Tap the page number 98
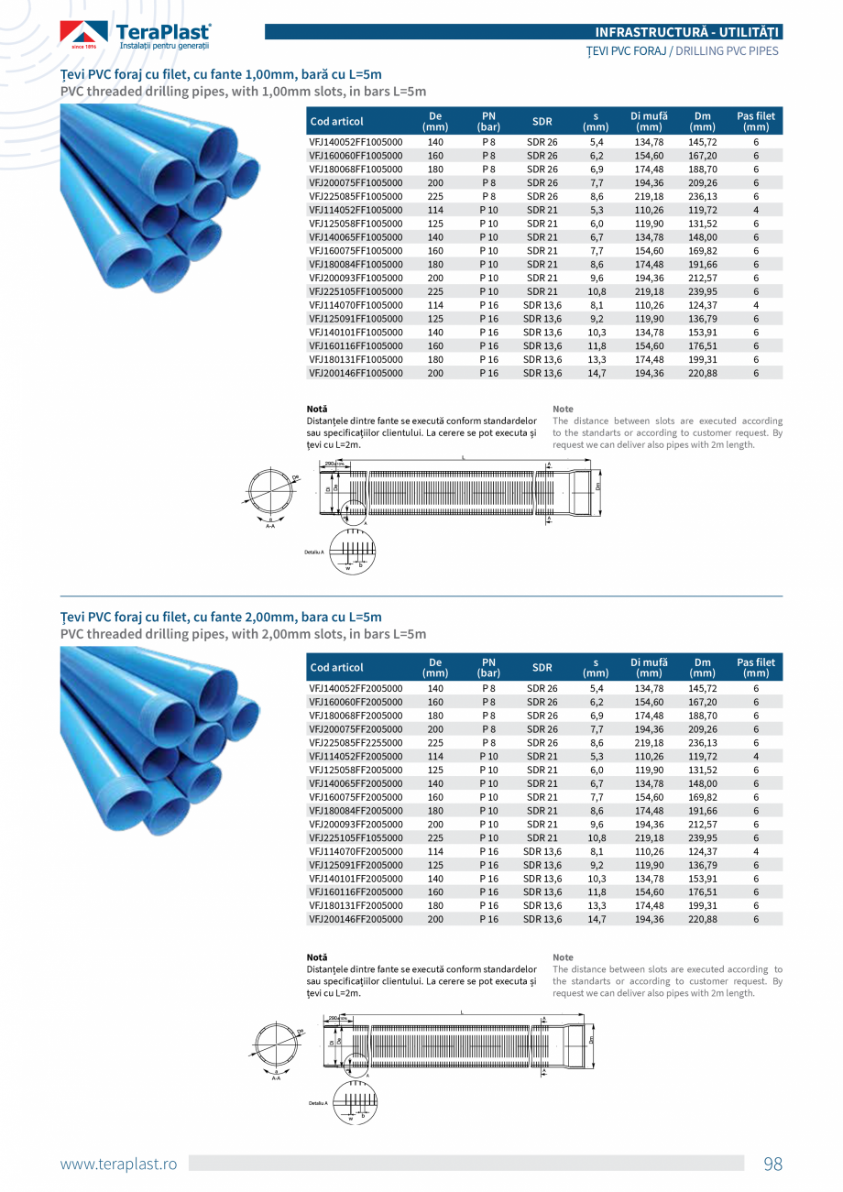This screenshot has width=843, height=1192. (772, 1164)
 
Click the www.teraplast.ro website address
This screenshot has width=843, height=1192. (118, 1164)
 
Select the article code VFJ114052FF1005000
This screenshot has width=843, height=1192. (356, 210)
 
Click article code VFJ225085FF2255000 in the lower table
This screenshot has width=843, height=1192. (356, 743)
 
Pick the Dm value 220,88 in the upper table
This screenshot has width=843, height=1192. (703, 373)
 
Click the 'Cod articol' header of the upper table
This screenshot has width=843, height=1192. (337, 121)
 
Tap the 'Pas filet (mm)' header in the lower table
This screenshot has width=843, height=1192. (756, 667)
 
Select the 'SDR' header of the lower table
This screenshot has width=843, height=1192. (542, 667)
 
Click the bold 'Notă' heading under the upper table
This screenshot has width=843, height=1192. (317, 409)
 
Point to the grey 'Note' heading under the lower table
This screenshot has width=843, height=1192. (563, 957)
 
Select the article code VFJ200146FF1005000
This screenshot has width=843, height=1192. (356, 373)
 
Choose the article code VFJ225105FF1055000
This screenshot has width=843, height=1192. (356, 837)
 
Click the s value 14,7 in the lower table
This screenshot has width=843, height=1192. (597, 919)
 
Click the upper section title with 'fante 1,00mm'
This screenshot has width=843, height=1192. (221, 74)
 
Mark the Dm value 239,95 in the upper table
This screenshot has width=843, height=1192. (703, 291)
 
